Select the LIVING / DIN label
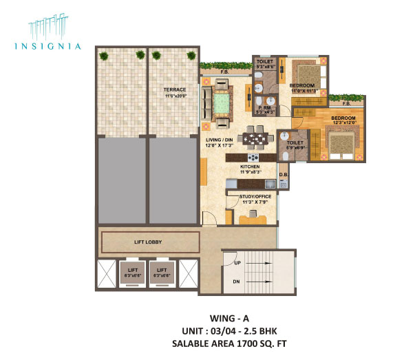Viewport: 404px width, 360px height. [x=219, y=140]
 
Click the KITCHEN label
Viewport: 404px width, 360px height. [x=250, y=167]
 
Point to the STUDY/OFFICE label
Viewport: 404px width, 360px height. [x=255, y=197]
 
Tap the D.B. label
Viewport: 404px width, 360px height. [x=283, y=184]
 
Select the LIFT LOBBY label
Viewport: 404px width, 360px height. [x=147, y=242]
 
